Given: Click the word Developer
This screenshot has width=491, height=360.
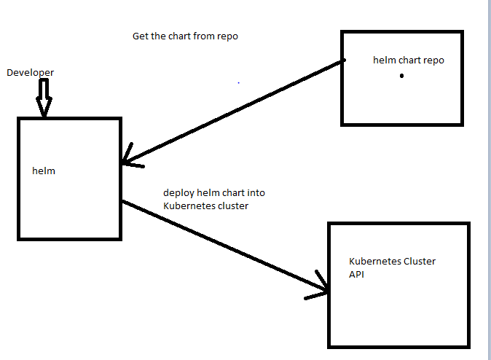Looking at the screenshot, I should point(30,73).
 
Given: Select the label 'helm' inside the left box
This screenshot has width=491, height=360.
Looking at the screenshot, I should point(44,171).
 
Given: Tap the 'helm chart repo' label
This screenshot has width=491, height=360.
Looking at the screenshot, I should point(408,60).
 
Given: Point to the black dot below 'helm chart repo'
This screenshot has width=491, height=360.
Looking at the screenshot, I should point(401,76).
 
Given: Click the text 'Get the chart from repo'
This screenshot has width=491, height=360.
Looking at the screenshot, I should point(185,36).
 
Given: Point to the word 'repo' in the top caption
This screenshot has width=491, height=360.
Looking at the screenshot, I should point(228,36).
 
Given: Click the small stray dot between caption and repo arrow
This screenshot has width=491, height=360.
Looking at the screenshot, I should point(238,84).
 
